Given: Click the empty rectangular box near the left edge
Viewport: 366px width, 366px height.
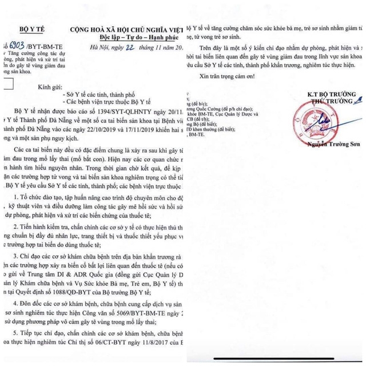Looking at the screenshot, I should tap(11, 85).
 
